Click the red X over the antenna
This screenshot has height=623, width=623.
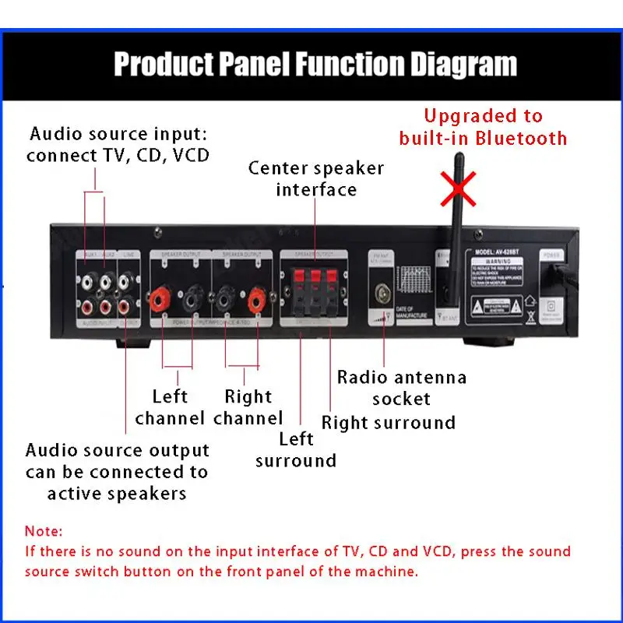click(x=459, y=189)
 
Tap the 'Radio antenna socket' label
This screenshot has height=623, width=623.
click(x=401, y=388)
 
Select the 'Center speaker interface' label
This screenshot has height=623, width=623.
click(x=316, y=178)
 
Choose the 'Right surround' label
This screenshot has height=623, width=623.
click(x=389, y=423)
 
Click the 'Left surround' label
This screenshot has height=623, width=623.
click(x=296, y=449)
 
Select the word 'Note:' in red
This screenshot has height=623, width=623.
click(x=43, y=532)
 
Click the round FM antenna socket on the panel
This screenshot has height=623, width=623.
click(x=382, y=294)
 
